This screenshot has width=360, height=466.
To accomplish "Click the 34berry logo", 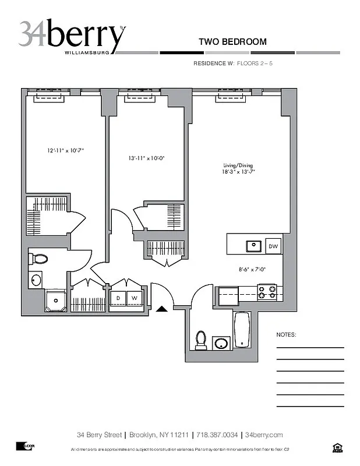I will pos(71,36).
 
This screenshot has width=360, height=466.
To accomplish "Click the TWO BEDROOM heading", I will pos(232,41).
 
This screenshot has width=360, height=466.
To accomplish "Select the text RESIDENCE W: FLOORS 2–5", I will pos(232,63).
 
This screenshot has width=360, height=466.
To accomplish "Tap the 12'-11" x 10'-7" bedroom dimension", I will pos(66,150).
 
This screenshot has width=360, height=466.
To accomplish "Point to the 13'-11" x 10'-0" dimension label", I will pos(146,158).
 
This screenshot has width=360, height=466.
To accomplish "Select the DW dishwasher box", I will pos(273,247).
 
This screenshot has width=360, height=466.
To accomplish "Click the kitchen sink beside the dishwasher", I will pos(253,246).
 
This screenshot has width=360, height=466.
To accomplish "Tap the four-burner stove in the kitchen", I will pos(267,291).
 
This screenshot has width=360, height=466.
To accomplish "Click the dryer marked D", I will pos(118,298).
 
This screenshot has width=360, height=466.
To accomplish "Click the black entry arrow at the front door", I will pos(163,309).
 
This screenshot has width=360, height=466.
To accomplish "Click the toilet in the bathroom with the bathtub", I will pos(201,339).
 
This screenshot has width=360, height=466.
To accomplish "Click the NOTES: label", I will pos(286,336).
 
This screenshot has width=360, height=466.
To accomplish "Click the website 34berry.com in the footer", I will pos(264,435).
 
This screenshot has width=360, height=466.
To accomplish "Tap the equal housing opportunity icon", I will pos(336,447).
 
